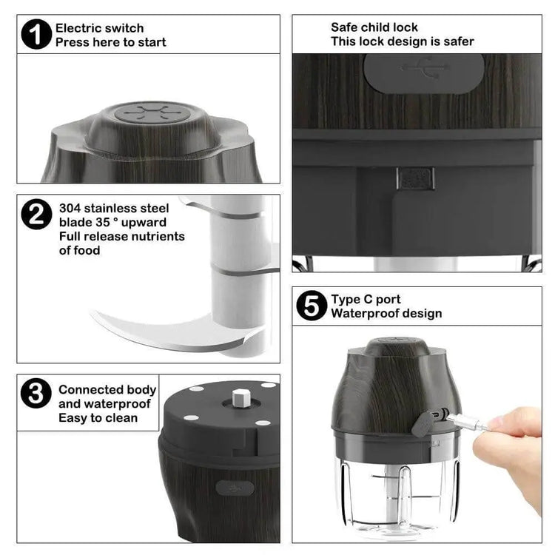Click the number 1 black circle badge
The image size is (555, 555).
coord(36,34)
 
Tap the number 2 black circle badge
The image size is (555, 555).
coord(36,214)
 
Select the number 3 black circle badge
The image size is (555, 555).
coord(36,393)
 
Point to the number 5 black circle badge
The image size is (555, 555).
coord(312,306)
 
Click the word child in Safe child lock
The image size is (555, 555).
coord(374,27)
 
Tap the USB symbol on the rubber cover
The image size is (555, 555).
coord(426,67)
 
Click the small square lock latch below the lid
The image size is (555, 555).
coord(416,178)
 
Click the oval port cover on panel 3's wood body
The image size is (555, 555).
coord(235,488)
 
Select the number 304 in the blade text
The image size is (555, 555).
coord(70,208)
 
